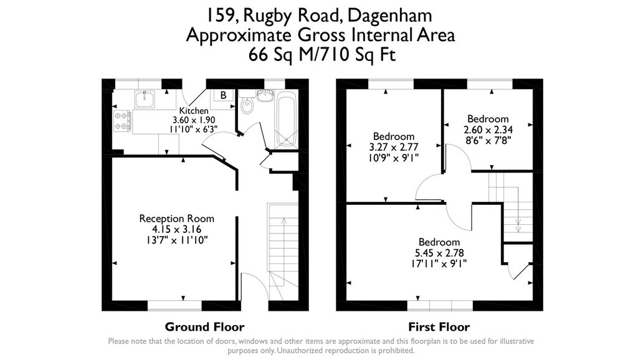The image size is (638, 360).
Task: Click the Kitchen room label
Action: pyautogui.click(x=193, y=111)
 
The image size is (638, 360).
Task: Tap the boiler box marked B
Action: pyautogui.click(x=223, y=95)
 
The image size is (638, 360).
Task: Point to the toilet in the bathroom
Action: pyautogui.click(x=247, y=105)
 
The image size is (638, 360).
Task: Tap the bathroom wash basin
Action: pyautogui.click(x=266, y=95)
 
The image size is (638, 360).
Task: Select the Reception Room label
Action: pyautogui.click(x=176, y=219)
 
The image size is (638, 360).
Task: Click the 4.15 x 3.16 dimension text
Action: pyautogui.click(x=176, y=229)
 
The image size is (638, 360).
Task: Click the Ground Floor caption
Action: pyautogui.click(x=204, y=326)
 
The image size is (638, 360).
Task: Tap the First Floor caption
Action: pyautogui.click(x=439, y=326)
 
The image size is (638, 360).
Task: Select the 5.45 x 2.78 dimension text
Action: pyautogui.click(x=439, y=253)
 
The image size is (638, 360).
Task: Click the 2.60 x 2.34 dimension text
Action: pyautogui.click(x=488, y=130)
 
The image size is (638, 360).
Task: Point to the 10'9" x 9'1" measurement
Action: pyautogui.click(x=394, y=158)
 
